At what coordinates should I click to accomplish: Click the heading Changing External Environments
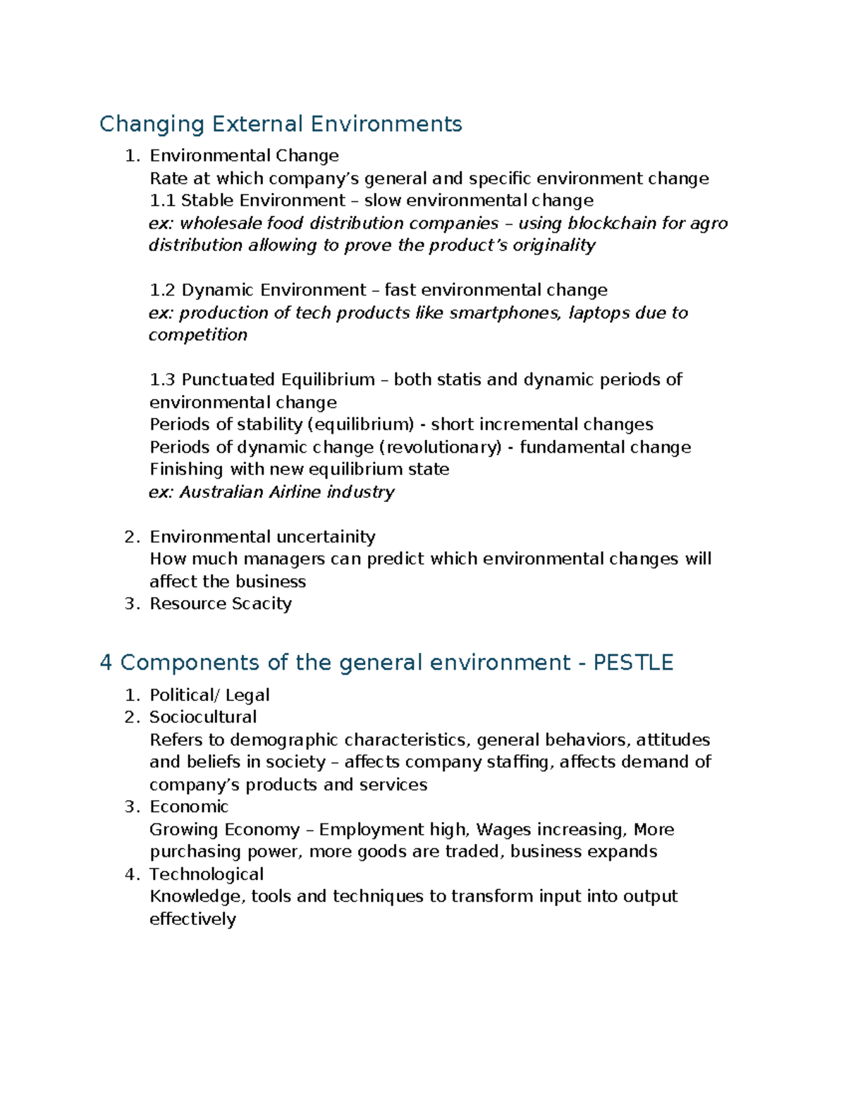(x=281, y=124)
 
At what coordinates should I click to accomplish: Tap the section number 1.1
(x=162, y=201)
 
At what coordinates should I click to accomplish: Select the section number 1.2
(x=162, y=290)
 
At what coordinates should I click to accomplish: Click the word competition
(x=198, y=335)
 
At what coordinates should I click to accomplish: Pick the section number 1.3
(x=162, y=380)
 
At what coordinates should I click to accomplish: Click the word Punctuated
(x=228, y=380)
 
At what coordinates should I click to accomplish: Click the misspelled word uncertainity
(x=326, y=537)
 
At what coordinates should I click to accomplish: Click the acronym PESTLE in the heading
(x=633, y=663)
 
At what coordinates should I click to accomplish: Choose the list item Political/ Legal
(x=209, y=696)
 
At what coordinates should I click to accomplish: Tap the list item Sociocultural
(x=203, y=717)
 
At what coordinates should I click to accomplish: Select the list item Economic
(x=189, y=807)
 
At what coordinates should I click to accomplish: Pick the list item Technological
(x=207, y=874)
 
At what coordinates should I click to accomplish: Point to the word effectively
(x=192, y=919)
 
